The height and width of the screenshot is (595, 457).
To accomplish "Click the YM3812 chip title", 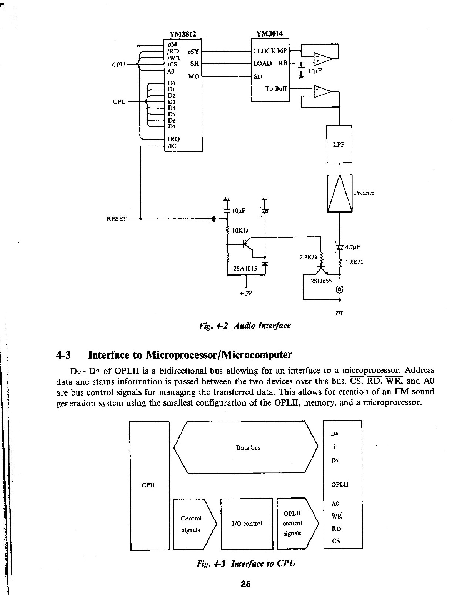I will (x=183, y=34).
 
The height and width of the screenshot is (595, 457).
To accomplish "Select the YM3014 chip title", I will (x=269, y=34).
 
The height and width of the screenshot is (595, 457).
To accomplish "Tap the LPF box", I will (x=339, y=145).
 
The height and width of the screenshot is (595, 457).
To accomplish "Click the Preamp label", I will (x=364, y=193).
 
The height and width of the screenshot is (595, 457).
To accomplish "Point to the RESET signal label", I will (x=117, y=219).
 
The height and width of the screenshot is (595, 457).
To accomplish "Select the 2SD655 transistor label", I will (x=321, y=281).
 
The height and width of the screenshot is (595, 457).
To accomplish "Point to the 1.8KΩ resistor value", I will (x=354, y=263).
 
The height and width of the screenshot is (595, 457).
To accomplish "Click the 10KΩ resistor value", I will (x=240, y=231).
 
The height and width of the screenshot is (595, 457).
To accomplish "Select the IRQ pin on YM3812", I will (x=173, y=139).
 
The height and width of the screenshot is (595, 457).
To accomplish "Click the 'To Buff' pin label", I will (x=276, y=89).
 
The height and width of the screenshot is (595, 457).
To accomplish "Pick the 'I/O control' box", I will (x=247, y=524).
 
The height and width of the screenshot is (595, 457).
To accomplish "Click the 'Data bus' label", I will (x=248, y=447).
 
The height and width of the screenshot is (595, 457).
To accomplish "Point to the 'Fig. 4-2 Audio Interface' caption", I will (x=245, y=326).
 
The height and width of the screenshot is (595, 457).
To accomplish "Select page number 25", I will (x=245, y=584).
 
